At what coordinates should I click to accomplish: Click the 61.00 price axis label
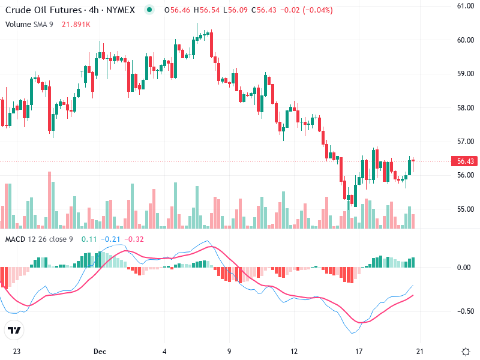click(466, 6)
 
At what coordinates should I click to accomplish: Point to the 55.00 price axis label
click(466, 209)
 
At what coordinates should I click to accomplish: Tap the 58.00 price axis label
click(466, 108)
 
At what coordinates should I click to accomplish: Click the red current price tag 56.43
click(466, 161)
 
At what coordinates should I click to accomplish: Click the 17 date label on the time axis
click(359, 351)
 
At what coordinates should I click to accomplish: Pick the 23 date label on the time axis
click(17, 351)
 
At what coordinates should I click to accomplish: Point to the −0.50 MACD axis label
click(464, 311)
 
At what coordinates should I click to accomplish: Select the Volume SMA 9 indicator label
click(29, 24)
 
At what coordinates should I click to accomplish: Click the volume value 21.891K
click(76, 24)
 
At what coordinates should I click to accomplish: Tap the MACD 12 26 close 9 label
click(39, 239)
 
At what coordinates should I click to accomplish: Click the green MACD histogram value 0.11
click(89, 239)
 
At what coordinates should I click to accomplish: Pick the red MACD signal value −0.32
click(135, 239)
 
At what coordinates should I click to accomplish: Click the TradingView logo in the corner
click(14, 331)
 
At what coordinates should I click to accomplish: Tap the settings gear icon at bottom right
click(465, 351)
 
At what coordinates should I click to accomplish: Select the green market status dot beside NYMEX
click(149, 10)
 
